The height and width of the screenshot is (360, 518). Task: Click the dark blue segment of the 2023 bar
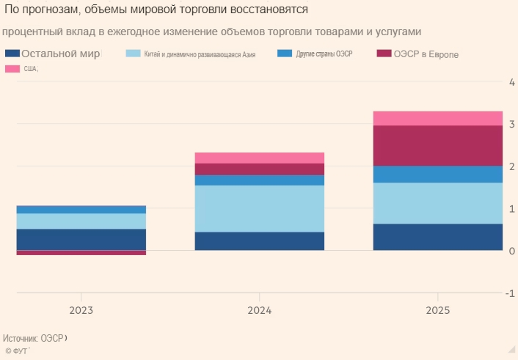pyautogui.click(x=81, y=239)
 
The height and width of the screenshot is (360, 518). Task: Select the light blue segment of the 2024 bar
pyautogui.click(x=260, y=208)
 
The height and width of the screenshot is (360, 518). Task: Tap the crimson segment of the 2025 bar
pyautogui.click(x=438, y=145)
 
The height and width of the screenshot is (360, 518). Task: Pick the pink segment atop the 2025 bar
pyautogui.click(x=438, y=118)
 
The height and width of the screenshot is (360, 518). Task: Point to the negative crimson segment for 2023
pyautogui.click(x=81, y=253)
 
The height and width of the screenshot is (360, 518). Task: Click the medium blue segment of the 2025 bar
pyautogui.click(x=438, y=174)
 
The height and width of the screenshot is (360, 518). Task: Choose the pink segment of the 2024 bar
pyautogui.click(x=260, y=158)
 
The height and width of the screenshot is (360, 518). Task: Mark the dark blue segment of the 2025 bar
pyautogui.click(x=438, y=237)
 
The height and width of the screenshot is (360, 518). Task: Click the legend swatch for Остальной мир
pyautogui.click(x=12, y=54)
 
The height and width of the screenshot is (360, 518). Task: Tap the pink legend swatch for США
pyautogui.click(x=12, y=69)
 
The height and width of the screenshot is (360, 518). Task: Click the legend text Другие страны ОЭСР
pyautogui.click(x=324, y=54)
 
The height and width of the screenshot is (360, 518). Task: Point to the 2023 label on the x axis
pyautogui.click(x=81, y=311)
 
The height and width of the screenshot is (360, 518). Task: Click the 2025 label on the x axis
pyautogui.click(x=438, y=311)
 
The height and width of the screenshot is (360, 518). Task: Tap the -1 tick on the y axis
pyautogui.click(x=509, y=293)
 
